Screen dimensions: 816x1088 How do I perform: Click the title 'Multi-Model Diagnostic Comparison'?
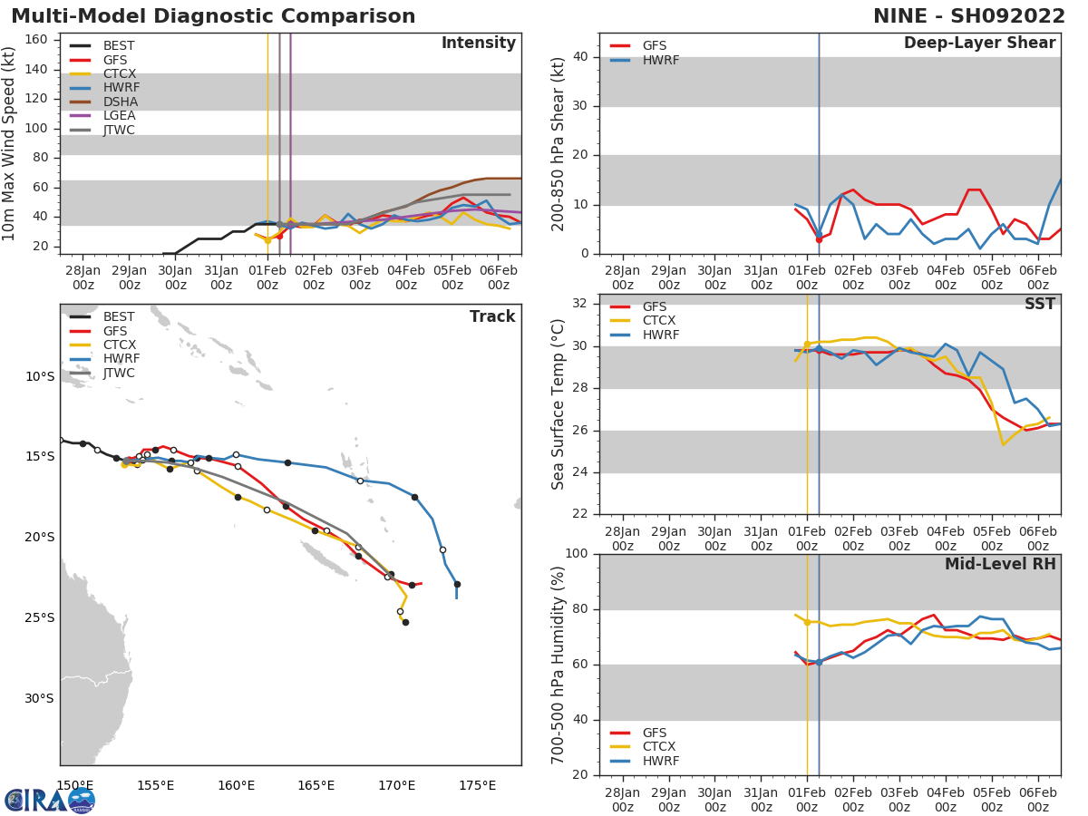213,16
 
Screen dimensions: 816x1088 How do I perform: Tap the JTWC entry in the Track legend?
119,373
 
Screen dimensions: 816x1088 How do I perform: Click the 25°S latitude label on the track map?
39,617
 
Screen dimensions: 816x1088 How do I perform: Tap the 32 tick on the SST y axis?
582,304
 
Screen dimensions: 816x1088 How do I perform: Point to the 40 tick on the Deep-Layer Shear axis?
582,56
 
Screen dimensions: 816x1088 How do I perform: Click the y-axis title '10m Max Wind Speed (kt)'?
10,145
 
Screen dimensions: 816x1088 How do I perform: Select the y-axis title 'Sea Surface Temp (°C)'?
559,404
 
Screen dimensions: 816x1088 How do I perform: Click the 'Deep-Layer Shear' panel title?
979,44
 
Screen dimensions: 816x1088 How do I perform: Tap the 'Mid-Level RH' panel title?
999,565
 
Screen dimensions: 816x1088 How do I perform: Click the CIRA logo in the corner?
50,800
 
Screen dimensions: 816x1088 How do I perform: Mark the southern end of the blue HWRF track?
456,597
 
